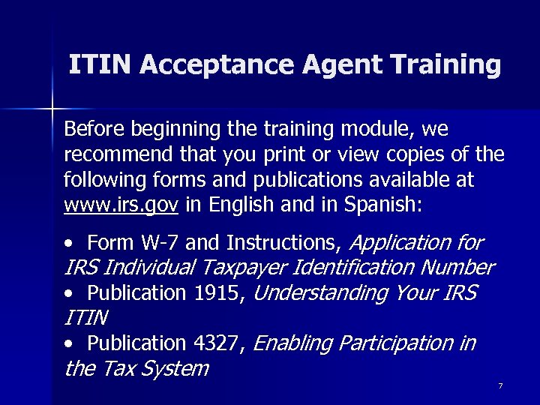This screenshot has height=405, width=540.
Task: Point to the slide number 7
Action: coord(499,385)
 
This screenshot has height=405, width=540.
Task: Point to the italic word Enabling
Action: coord(293,343)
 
